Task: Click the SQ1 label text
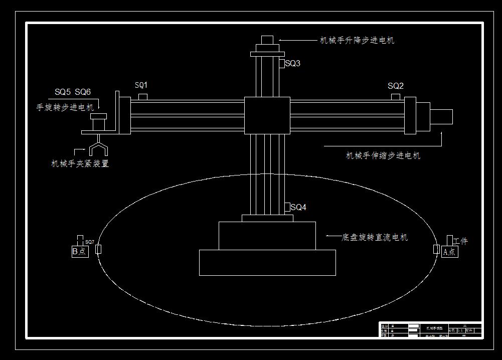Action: point(141,85)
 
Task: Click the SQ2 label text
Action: point(396,86)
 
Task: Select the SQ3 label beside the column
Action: point(292,64)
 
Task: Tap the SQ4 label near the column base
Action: point(298,208)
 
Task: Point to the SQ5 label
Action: point(63,92)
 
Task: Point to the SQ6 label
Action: point(83,92)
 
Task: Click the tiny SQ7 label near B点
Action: point(90,242)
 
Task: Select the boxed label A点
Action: point(450,252)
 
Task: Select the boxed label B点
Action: point(79,252)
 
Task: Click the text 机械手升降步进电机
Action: point(357,41)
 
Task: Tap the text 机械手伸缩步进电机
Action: point(383,156)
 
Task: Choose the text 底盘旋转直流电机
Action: point(375,237)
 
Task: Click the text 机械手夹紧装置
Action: point(80,163)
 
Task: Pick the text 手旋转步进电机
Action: point(65,107)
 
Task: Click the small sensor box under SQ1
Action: point(143,96)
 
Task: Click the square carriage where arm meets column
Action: point(267,116)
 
